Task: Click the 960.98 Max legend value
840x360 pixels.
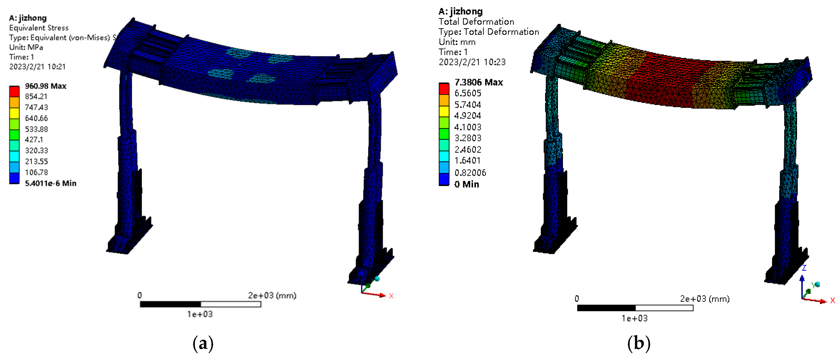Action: click(46, 86)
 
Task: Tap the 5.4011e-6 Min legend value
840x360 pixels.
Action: click(51, 183)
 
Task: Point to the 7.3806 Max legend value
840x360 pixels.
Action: click(479, 82)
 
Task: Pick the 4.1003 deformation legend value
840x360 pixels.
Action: click(468, 127)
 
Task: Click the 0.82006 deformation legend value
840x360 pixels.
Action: click(470, 172)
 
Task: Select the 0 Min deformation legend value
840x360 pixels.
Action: click(467, 184)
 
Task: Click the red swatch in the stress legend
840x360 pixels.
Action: click(14, 91)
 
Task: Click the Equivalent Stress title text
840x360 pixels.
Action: click(39, 28)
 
